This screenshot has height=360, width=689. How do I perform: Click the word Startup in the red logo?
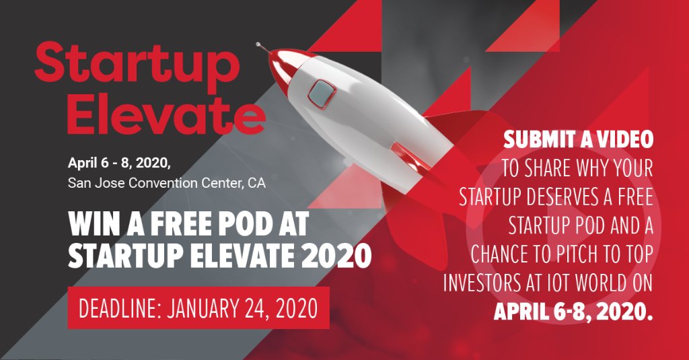pos(137,64)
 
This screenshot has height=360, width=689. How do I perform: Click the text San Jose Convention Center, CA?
pos(166,182)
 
